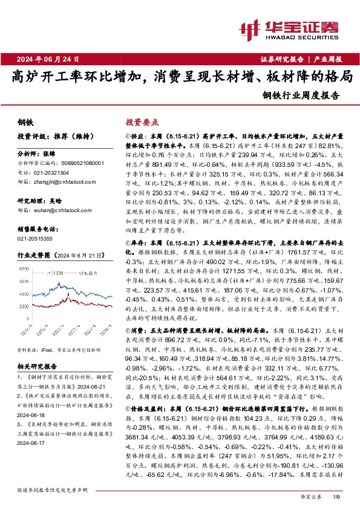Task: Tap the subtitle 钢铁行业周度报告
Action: coord(301,95)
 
